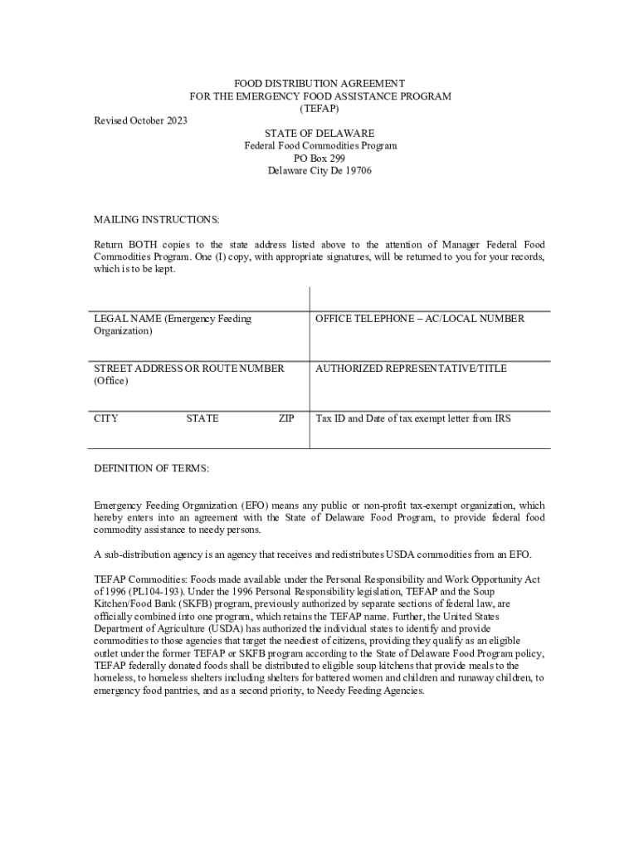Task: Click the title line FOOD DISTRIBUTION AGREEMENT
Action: point(319,84)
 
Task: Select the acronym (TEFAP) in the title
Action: point(319,109)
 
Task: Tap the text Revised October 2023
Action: point(140,121)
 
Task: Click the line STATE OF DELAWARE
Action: point(319,134)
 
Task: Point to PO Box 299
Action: point(319,159)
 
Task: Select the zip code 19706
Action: point(359,171)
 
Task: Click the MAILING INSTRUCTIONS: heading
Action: point(157,220)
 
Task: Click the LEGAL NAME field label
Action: point(173,319)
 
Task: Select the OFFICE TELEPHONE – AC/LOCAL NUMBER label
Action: point(420,319)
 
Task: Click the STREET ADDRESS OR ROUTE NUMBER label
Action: point(189,369)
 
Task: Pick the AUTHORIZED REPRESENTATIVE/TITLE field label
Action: point(411,369)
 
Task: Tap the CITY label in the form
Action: point(106,418)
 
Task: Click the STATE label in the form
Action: point(202,418)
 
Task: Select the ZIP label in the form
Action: point(286,418)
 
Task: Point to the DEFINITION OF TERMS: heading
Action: point(152,468)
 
